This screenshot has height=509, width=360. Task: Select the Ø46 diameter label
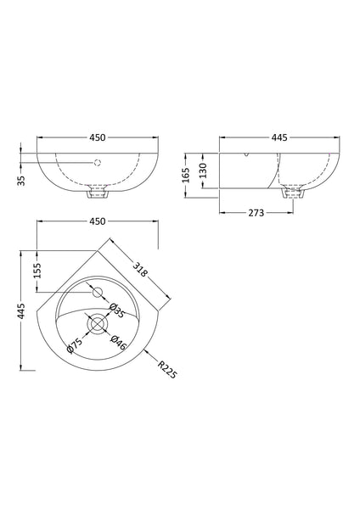pyautogui.click(x=119, y=344)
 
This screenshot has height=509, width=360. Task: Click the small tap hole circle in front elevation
pyautogui.click(x=96, y=162)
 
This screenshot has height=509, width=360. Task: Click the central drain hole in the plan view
pyautogui.click(x=96, y=325)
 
